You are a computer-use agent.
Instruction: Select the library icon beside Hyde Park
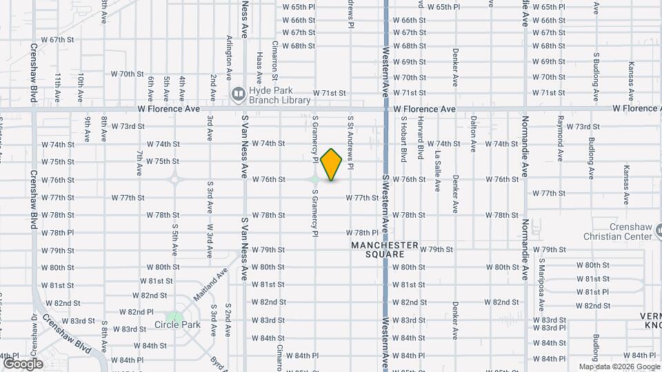[238, 93]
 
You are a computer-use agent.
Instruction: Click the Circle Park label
[172, 324]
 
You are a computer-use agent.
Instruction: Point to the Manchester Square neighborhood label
[385, 249]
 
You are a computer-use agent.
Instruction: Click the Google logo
[23, 363]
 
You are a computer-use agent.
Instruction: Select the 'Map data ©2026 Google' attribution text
[619, 366]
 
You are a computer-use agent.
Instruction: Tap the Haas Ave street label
[259, 63]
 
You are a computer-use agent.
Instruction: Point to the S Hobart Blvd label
[403, 138]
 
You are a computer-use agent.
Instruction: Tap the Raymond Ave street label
[560, 131]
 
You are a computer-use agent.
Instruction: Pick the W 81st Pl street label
[594, 291]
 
